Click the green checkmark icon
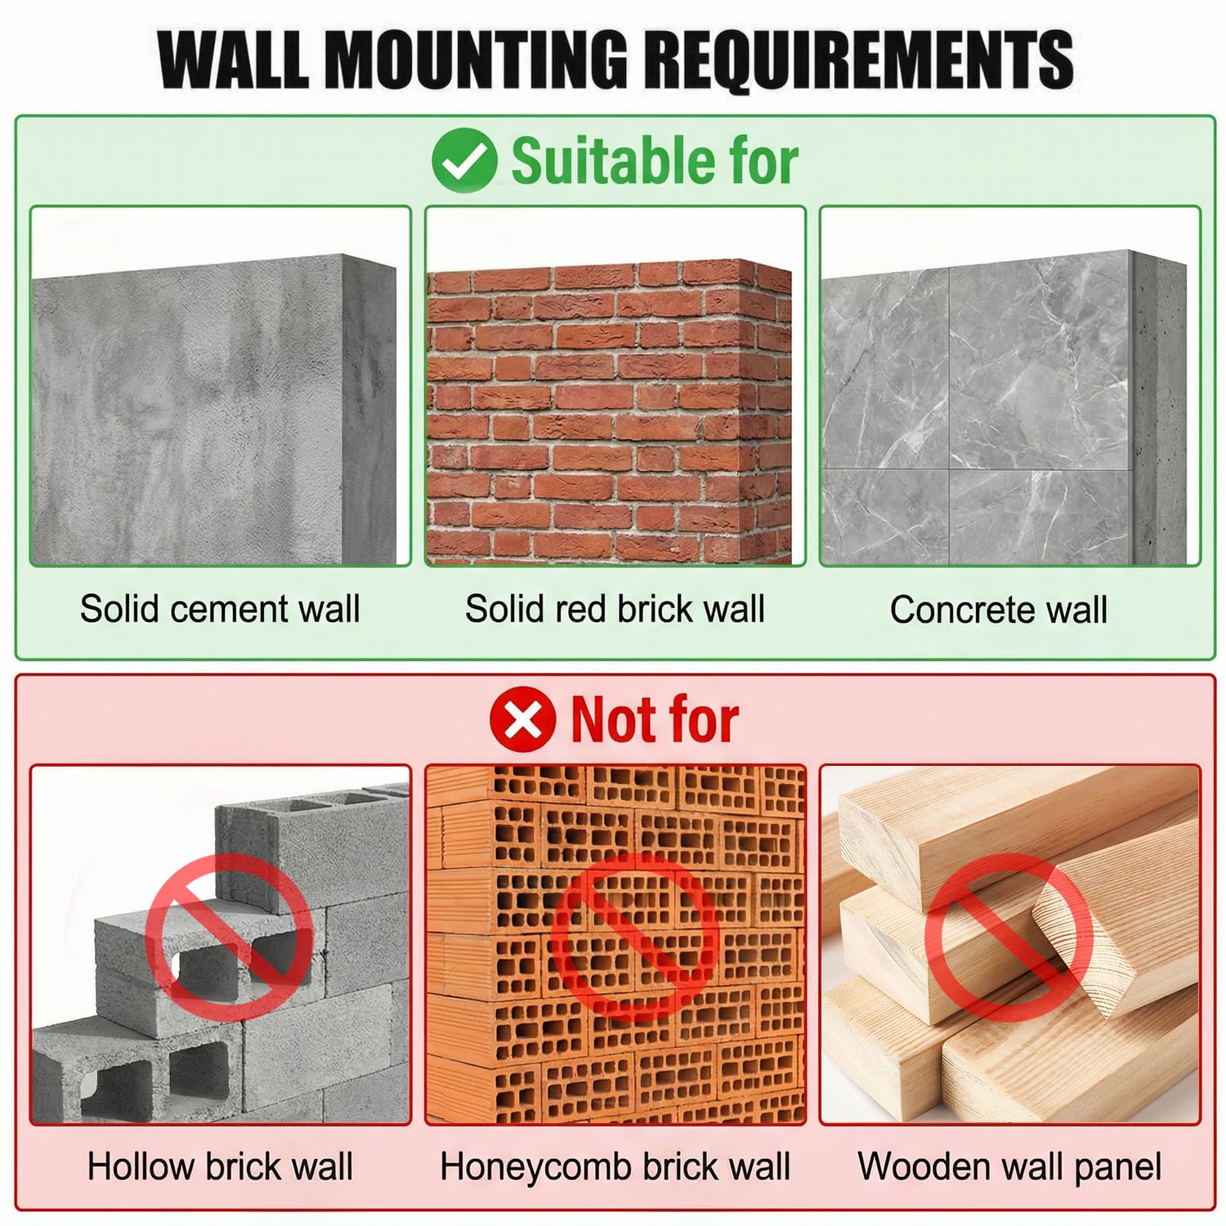[464, 160]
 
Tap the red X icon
[523, 720]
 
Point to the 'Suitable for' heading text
[655, 161]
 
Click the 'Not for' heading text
[655, 720]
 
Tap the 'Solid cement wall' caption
[220, 609]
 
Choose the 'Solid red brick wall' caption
[615, 609]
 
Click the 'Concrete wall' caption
[999, 610]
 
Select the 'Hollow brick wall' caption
[220, 1166]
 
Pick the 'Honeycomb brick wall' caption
[615, 1167]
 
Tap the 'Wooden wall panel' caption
[1009, 1167]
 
